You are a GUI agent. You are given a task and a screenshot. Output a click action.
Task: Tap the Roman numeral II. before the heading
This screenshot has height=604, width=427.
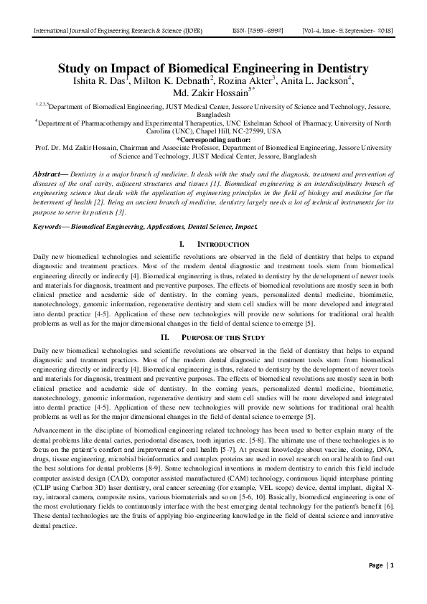coord(164,337)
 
